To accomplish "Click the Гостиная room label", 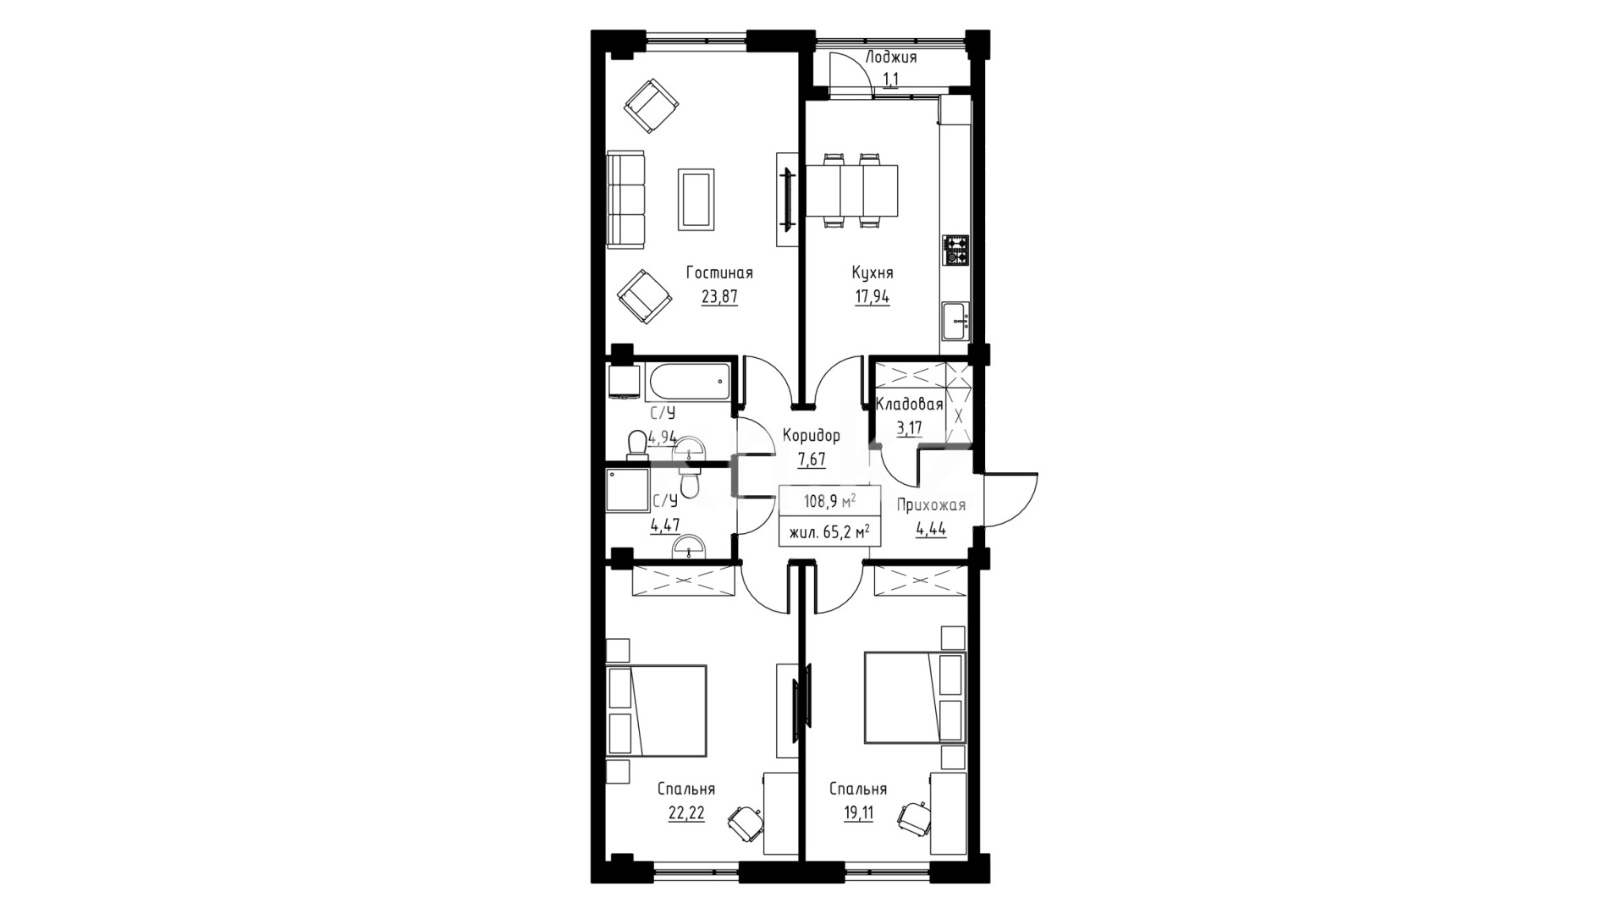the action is tap(719, 273).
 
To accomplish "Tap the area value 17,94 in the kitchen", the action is tap(872, 297).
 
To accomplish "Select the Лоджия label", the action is tap(891, 58).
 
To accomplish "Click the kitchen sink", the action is tap(957, 322).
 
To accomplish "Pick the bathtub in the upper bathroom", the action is tap(688, 383).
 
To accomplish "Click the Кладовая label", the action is tap(909, 405).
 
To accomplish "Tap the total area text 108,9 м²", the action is tap(829, 501).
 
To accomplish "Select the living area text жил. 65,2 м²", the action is tap(829, 533).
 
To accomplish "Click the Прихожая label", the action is tap(931, 506).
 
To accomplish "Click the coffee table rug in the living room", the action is tap(696, 199).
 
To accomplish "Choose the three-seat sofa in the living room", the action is tap(626, 200).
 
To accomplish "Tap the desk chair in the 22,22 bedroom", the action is tap(745, 820).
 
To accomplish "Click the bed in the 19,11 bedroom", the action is tap(915, 698).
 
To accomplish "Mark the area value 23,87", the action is tap(719, 297).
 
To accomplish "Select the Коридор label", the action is tap(812, 436).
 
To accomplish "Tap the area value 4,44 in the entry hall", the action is tap(931, 530).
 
